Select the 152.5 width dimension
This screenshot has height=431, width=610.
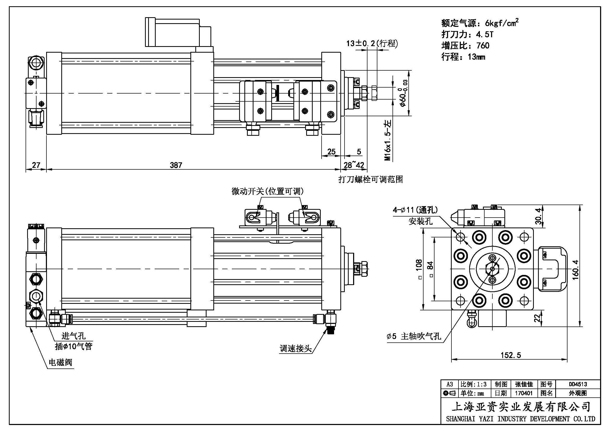[511, 355]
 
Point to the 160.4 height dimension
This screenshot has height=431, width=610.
[576, 269]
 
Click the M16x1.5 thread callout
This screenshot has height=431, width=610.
[388, 141]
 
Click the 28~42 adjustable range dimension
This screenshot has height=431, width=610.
[354, 165]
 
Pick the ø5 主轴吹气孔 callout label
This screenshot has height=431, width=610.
[414, 336]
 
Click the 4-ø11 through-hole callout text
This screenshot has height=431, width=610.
[415, 210]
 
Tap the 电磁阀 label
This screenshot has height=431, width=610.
[60, 362]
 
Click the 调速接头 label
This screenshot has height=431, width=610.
[295, 348]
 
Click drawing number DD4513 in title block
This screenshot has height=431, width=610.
[578, 384]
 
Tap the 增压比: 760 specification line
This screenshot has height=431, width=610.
[465, 46]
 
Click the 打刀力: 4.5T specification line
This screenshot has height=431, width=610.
[467, 34]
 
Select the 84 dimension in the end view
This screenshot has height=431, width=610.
[431, 265]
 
